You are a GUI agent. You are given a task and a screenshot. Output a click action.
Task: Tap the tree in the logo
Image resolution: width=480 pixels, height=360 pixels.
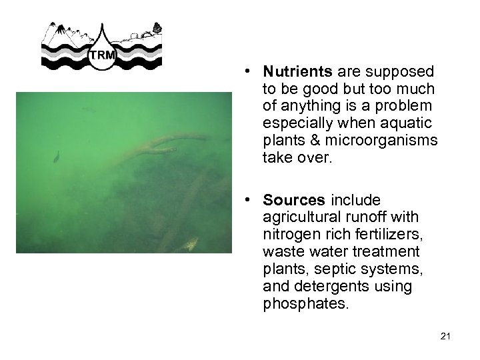(157, 28)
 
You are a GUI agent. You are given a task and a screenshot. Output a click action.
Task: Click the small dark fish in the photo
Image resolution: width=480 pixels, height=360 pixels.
(56, 157)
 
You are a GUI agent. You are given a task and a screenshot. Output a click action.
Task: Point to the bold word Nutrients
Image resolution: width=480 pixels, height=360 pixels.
(297, 71)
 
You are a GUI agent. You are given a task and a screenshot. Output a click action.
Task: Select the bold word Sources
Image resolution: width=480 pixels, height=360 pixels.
(294, 200)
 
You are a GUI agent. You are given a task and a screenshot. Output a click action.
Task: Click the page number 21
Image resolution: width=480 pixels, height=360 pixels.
(446, 337)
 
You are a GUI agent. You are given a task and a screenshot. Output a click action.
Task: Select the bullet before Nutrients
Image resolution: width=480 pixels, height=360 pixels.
(247, 71)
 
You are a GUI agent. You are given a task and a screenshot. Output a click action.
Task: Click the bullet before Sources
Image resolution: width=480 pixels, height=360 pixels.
(247, 200)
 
